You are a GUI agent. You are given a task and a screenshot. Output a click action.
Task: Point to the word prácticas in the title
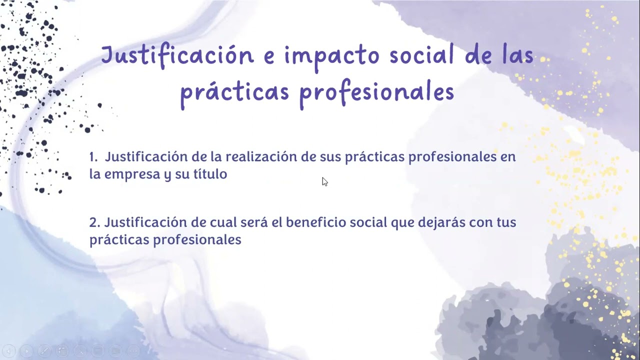(235, 93)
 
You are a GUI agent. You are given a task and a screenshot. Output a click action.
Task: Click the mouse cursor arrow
(324, 181)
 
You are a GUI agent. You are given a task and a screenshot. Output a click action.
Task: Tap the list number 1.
(93, 157)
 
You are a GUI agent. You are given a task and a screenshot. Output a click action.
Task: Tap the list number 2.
(94, 222)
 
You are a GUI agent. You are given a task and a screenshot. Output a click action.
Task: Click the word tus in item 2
(506, 222)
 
